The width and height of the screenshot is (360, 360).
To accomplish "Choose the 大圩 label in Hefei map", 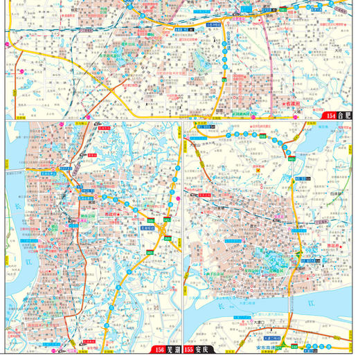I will [x=338, y=51].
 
